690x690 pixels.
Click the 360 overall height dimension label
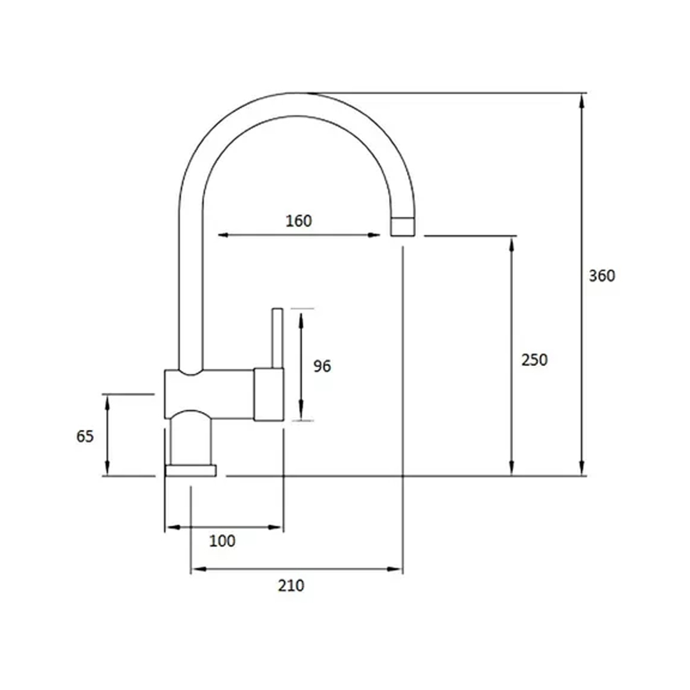(x=602, y=276)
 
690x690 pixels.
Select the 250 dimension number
(x=534, y=360)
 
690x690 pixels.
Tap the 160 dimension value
(x=299, y=221)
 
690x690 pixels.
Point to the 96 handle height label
(x=322, y=366)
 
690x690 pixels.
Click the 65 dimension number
(x=85, y=436)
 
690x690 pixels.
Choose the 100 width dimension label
(x=222, y=541)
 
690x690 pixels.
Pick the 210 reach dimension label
(x=291, y=586)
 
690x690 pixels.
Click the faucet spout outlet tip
(x=402, y=226)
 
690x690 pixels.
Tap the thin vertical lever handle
(x=277, y=338)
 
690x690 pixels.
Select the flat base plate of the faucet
(x=190, y=470)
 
